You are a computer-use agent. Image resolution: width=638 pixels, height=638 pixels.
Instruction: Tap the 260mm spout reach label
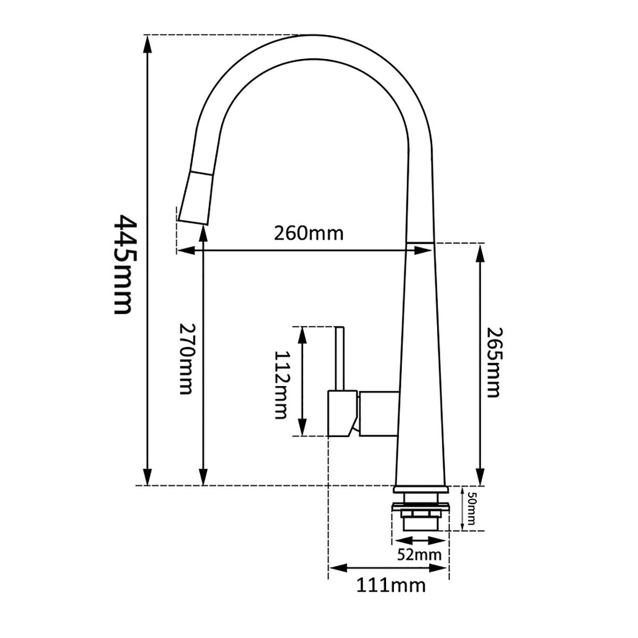click(x=308, y=233)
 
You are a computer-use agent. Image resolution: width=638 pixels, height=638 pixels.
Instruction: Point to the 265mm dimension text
click(x=492, y=362)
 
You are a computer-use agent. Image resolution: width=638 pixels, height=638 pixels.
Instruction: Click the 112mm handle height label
click(x=281, y=385)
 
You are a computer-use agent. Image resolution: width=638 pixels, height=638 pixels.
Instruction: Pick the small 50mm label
click(x=471, y=508)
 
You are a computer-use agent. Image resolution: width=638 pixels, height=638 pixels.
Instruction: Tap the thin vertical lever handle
click(x=340, y=358)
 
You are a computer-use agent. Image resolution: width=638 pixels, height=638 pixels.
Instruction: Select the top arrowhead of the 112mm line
click(x=303, y=334)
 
